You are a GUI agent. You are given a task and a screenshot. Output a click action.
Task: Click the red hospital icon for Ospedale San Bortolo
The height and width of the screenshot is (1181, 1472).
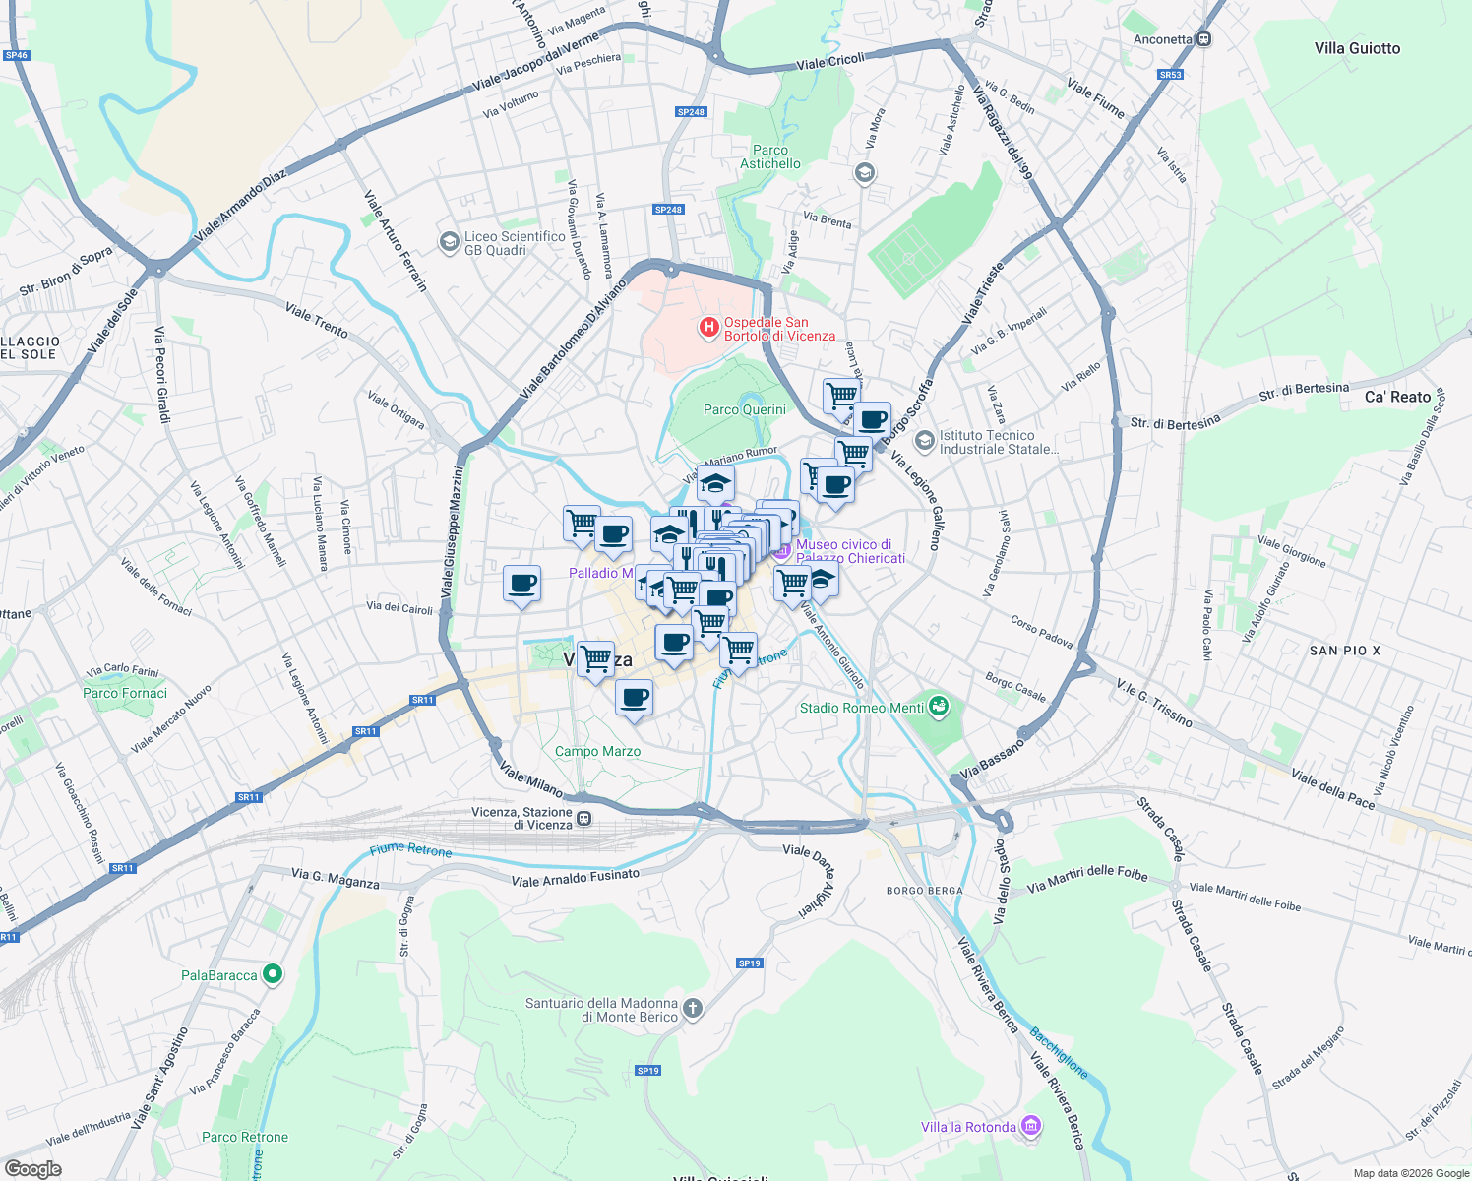pos(708,327)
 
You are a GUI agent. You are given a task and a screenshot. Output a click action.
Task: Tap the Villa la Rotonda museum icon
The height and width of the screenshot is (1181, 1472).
pos(1031,1126)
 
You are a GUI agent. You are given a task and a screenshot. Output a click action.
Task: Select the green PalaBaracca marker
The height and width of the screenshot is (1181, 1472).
pos(274,974)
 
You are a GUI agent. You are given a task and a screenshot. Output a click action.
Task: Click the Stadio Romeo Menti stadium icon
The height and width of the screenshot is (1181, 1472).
pos(939,707)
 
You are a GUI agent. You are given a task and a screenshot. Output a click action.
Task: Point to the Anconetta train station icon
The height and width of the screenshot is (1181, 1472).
pos(1204,39)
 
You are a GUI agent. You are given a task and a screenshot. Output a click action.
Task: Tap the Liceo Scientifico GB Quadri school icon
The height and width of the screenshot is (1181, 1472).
pos(449,241)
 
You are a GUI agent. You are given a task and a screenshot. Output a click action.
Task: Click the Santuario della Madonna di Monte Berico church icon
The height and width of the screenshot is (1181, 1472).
pos(693,1008)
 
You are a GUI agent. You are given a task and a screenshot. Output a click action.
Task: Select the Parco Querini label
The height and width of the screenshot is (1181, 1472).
pos(745,409)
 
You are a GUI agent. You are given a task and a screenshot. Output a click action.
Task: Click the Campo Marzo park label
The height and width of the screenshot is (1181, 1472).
pos(597,751)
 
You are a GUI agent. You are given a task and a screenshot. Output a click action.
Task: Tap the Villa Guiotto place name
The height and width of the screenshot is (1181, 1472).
pos(1357,48)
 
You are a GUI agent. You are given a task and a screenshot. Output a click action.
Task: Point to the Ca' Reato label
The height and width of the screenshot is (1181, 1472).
pos(1397,397)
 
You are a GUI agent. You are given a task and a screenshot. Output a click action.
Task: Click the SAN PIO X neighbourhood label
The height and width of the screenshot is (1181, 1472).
pos(1344,651)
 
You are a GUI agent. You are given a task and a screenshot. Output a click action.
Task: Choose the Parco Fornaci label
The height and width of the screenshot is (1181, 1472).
pos(125,693)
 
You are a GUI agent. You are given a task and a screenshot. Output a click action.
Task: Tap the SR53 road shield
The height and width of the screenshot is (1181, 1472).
pos(1170,75)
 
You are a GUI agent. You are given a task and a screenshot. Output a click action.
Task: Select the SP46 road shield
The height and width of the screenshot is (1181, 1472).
pos(17,55)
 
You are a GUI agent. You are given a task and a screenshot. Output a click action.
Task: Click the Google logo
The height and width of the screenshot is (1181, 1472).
pos(32,1169)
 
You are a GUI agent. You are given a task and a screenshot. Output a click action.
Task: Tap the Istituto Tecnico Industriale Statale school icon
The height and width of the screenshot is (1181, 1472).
pos(923,440)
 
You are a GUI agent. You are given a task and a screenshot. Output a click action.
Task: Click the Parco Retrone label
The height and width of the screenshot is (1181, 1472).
pos(245,1137)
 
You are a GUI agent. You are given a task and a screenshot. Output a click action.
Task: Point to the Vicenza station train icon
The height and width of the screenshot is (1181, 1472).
pos(584,818)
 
